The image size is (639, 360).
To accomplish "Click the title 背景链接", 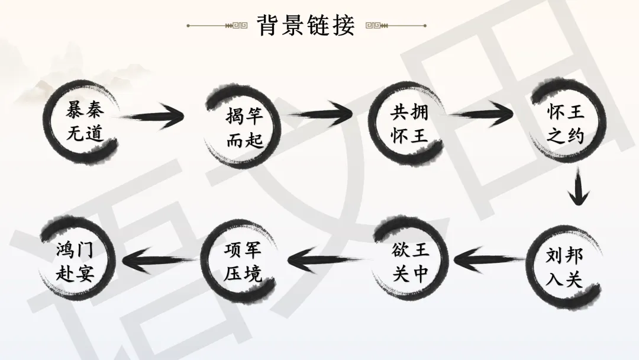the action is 306,25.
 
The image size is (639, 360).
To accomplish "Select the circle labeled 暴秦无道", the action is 85,123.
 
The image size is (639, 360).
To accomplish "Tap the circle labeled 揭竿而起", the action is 244,127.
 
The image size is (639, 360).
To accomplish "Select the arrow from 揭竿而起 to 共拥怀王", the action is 320,114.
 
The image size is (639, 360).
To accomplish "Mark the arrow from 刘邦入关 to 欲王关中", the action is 489,258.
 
